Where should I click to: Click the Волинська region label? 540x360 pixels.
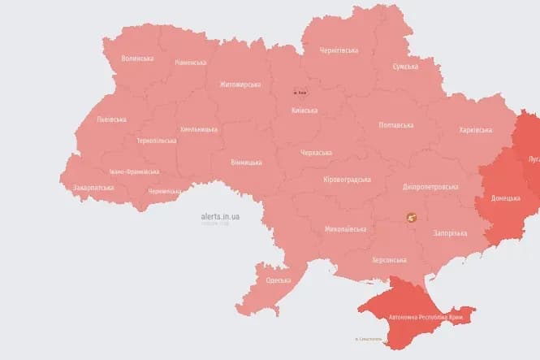(136, 59)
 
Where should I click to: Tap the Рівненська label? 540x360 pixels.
(190, 63)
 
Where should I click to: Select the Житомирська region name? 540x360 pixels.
(240, 84)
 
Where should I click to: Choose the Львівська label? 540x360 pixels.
(111, 119)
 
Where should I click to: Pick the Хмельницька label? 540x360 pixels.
(198, 129)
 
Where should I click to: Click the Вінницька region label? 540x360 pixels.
(246, 163)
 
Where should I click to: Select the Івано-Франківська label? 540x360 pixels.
(134, 171)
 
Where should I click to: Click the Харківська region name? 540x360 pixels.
(476, 129)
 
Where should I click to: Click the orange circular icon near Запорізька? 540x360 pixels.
(411, 217)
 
